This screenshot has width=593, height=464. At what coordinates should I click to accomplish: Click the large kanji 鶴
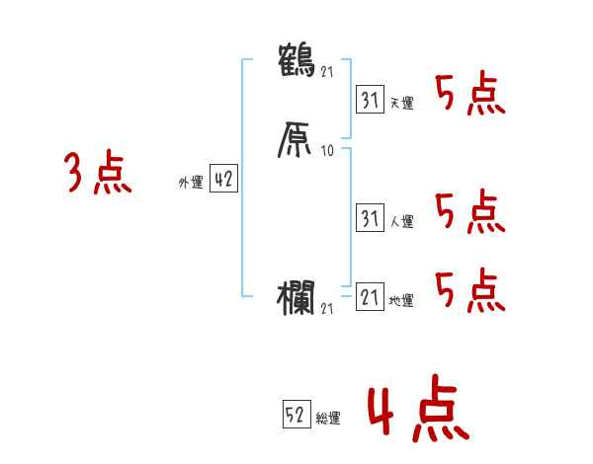pos(297,58)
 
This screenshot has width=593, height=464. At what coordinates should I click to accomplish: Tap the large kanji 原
pos(297,139)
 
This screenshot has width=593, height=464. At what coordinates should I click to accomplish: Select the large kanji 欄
pos(297,295)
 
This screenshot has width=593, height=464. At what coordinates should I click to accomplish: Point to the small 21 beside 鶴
pos(329,70)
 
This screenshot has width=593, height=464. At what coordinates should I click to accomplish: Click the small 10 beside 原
pos(328,152)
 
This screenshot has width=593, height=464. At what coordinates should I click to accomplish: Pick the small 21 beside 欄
pos(329,309)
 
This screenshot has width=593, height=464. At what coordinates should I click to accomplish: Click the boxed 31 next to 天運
pos(370,99)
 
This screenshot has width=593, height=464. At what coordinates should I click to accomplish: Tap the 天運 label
pos(401,103)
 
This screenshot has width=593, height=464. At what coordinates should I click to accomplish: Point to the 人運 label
pos(401,222)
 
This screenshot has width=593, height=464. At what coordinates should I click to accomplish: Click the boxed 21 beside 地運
pos(370,297)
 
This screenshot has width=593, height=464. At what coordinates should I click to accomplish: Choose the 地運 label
pos(401,301)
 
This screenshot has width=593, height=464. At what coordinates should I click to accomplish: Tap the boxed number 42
pos(223,180)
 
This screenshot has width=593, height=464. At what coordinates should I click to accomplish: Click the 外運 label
pos(190,184)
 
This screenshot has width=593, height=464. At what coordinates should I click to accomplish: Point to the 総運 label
pos(328,419)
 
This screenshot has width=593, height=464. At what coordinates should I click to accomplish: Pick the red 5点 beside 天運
pos(470,95)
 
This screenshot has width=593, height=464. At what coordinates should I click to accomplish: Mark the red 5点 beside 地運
pos(470,291)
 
